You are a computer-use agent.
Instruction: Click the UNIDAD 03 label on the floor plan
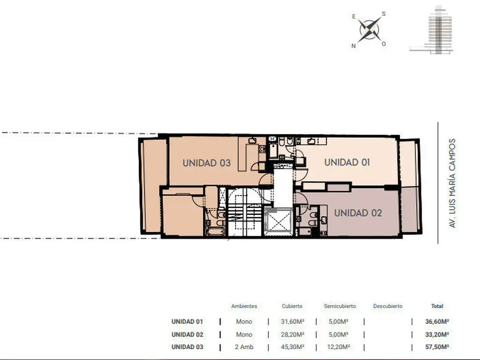pos(207,163)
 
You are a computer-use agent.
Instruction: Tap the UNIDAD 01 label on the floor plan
pos(347,162)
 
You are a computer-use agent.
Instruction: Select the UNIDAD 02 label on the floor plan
pos(358,213)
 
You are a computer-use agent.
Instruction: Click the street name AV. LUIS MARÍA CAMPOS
pos(452,183)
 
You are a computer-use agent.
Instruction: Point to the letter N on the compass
pos(353,46)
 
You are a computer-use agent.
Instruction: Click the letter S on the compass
pos(383,14)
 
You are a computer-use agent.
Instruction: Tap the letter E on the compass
pos(354,16)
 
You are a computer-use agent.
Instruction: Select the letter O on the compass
pos(383,44)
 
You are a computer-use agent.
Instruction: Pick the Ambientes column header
pos(244,306)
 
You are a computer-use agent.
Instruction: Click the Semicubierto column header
pos(340,306)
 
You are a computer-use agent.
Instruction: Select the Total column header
pos(437,306)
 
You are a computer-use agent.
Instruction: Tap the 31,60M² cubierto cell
pos(292,322)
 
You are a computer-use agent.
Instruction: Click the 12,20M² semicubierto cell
pos(340,347)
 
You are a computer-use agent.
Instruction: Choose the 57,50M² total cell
pos(437,347)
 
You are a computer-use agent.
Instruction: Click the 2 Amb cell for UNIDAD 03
pos(244,347)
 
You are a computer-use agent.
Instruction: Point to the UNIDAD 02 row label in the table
pos(187,334)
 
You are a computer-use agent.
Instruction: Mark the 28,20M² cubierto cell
pos(292,334)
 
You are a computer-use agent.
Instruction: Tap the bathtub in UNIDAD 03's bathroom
pos(216,231)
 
